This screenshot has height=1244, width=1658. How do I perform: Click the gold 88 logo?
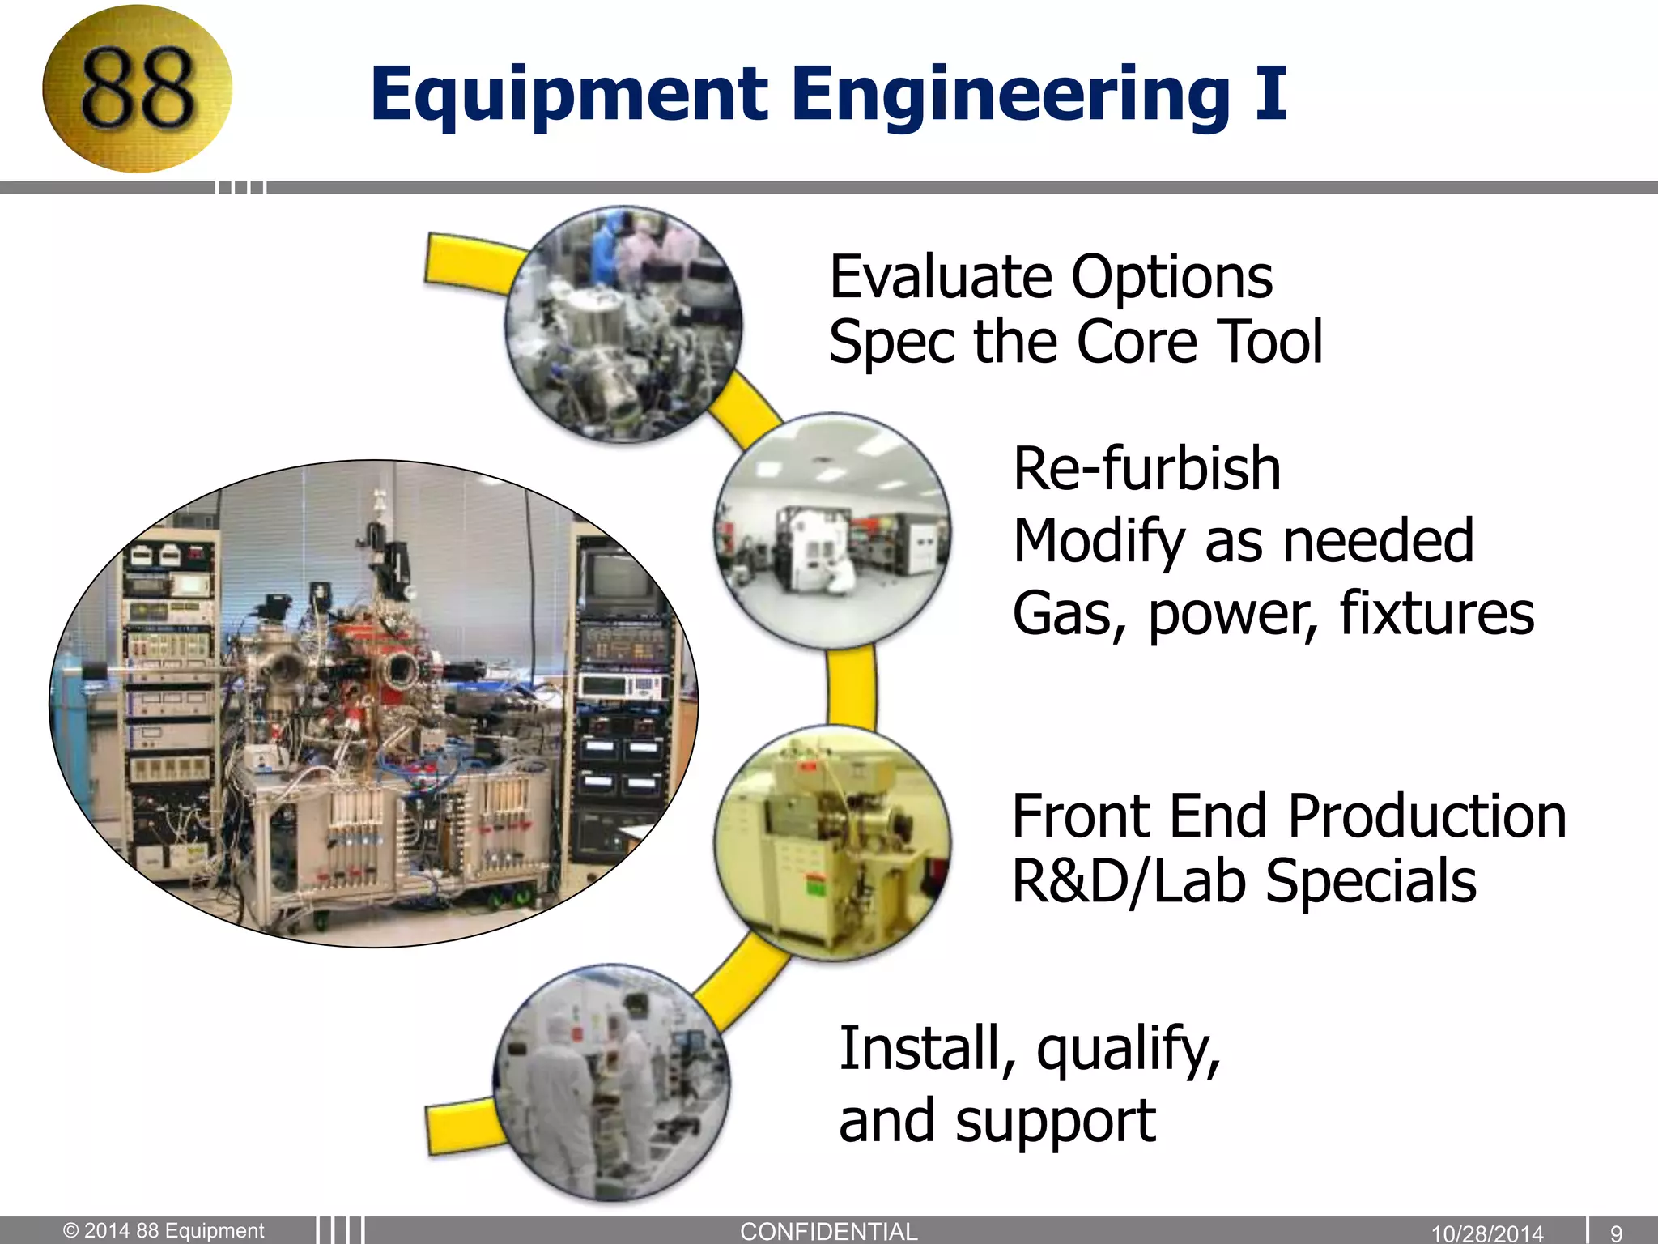pos(137,88)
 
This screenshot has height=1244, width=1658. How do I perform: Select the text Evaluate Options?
pos(1051,277)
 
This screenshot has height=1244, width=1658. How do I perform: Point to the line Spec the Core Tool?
pos(1075,342)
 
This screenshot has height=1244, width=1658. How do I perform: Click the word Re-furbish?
pos(1146,469)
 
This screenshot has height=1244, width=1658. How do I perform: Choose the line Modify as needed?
pos(1243,540)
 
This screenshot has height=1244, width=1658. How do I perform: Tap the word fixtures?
pos(1436,613)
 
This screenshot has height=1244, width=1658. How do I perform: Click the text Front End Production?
pos(1289,816)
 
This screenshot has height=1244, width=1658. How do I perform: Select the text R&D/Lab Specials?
pos(1244,881)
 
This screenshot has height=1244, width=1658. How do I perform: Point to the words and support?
pos(997,1121)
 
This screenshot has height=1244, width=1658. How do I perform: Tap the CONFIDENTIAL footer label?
pos(828,1231)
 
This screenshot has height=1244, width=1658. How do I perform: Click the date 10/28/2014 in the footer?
pos(1487,1233)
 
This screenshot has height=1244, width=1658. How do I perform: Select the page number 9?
pos(1616,1233)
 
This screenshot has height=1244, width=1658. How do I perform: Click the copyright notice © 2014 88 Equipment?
pos(164,1230)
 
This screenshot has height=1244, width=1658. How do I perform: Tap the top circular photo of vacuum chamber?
pos(623,324)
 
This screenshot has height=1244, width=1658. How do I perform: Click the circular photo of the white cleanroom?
pos(832,531)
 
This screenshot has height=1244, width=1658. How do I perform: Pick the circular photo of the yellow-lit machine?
pos(832,842)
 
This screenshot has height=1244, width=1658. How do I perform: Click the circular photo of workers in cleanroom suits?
pos(612,1082)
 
